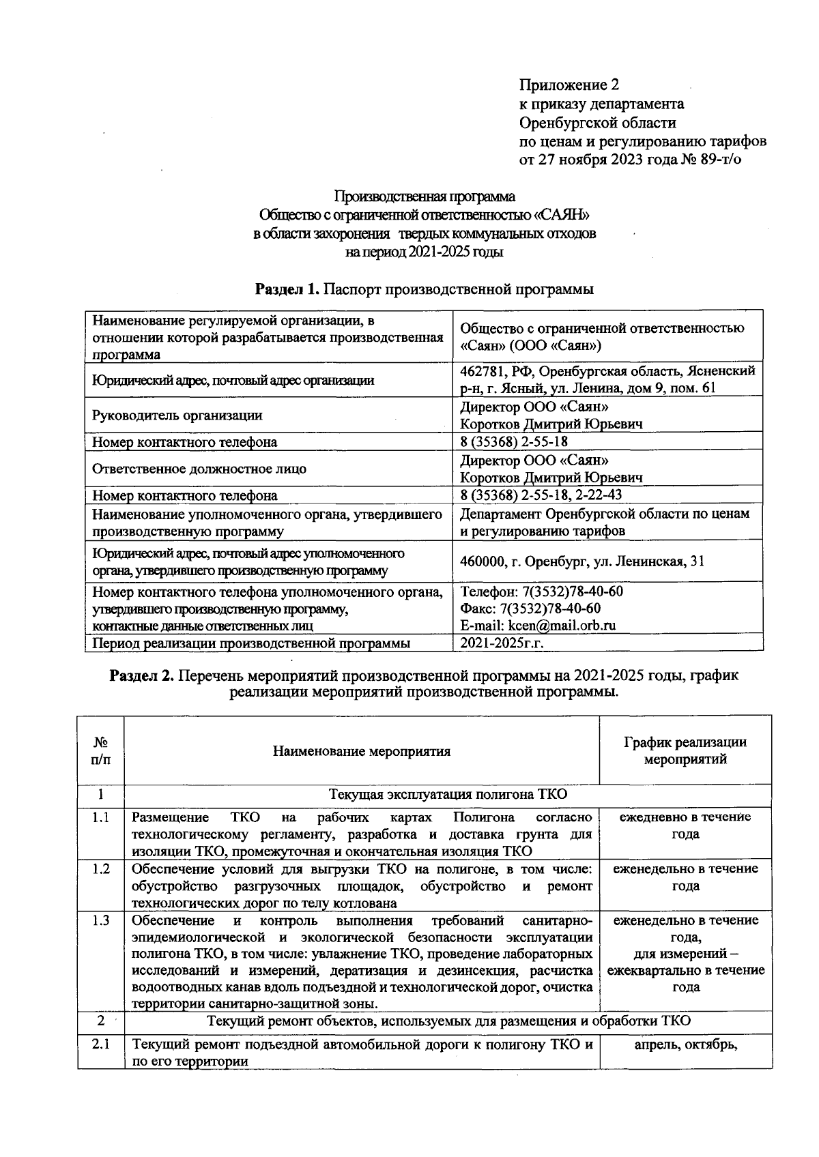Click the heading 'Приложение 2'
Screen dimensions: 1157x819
point(569,85)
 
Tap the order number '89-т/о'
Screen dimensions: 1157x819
point(719,160)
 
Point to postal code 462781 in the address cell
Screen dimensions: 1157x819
point(482,371)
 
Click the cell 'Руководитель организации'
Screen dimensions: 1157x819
point(177,415)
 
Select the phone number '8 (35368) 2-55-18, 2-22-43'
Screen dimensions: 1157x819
point(541,495)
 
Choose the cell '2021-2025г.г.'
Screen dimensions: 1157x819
point(501,643)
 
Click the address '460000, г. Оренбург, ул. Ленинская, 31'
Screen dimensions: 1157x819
point(582,561)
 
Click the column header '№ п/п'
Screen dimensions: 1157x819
point(100,750)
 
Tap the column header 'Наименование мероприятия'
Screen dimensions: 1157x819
point(362,752)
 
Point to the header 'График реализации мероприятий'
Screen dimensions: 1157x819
point(685,750)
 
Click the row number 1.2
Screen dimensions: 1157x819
point(100,869)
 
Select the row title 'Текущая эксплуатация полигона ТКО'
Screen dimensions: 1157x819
point(448,795)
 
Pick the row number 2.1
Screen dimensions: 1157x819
point(100,1044)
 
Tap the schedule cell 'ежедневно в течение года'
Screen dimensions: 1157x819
point(685,825)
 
